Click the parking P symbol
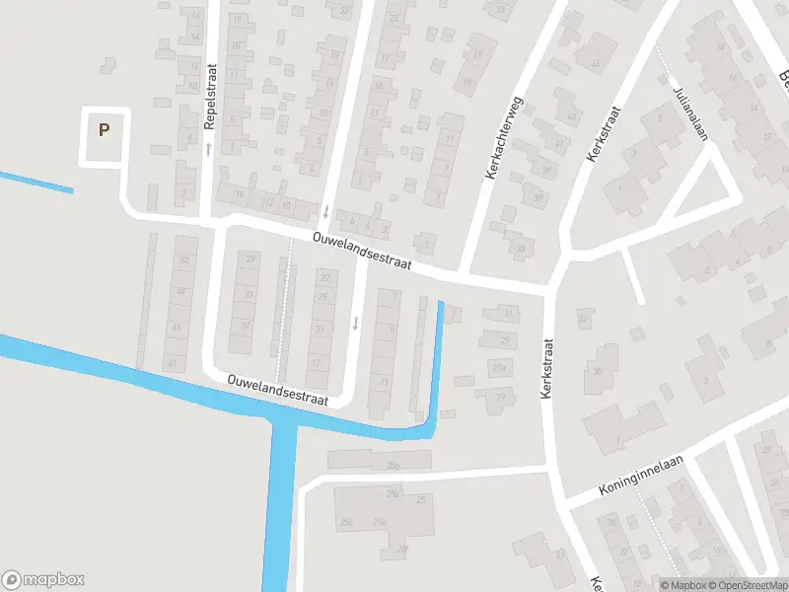tap(104, 128)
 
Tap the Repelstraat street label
tap(210, 97)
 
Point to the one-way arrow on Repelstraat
tap(209, 149)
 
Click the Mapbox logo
tap(44, 580)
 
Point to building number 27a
tap(499, 368)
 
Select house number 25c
tap(345, 521)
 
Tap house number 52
tap(181, 259)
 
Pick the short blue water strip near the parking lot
tap(36, 183)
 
